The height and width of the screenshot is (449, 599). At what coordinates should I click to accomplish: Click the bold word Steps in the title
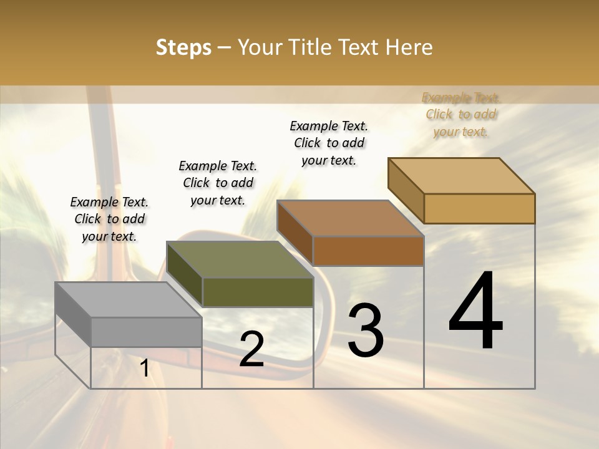(183, 47)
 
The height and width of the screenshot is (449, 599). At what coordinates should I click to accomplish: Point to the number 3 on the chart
(366, 330)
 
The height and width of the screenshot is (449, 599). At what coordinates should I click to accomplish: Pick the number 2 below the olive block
(251, 349)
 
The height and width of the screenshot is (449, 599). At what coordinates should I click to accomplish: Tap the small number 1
(145, 368)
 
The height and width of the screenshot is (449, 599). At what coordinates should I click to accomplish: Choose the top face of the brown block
(350, 218)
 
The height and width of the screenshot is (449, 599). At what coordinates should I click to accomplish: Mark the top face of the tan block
(461, 176)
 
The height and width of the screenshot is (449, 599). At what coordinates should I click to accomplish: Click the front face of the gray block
(146, 332)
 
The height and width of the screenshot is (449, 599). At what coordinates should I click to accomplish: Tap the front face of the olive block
(258, 292)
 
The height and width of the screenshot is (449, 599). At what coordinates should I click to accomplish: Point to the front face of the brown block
(368, 251)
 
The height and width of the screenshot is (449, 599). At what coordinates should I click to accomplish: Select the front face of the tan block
(479, 208)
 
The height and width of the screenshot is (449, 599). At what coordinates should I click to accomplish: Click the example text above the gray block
(109, 219)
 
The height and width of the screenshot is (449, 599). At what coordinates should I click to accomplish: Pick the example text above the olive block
(218, 183)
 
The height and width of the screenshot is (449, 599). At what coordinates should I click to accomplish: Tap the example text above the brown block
(329, 143)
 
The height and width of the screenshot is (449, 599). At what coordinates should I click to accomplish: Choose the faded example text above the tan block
(461, 114)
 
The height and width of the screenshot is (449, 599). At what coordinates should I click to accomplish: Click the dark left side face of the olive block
(185, 274)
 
